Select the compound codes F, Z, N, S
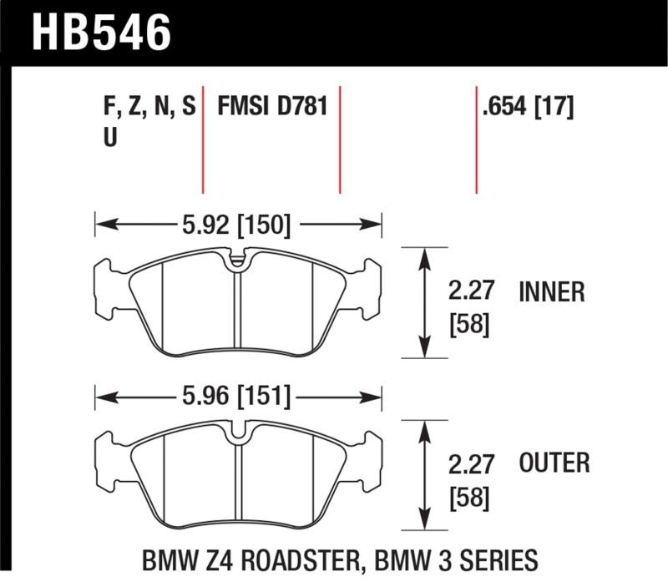click(149, 107)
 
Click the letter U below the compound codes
click(109, 139)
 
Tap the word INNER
click(552, 292)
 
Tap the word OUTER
click(554, 463)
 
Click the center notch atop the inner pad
click(239, 260)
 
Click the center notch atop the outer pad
click(239, 433)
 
